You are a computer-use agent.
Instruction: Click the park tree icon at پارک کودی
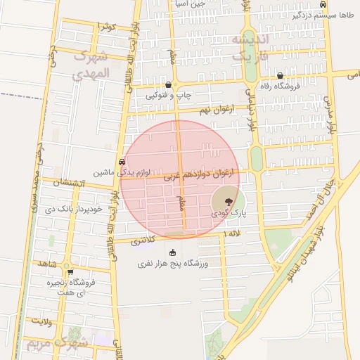(x=226, y=201)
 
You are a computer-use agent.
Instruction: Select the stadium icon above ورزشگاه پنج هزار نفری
(x=174, y=252)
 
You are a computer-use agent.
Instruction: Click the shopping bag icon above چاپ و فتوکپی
(x=168, y=84)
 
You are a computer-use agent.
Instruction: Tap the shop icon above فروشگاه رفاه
(x=280, y=75)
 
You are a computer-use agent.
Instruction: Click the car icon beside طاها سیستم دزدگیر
(x=322, y=4)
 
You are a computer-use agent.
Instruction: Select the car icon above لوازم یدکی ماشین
(x=123, y=160)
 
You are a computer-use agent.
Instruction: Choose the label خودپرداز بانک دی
(x=74, y=209)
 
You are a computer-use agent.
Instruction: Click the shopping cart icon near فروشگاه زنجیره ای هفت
(x=70, y=271)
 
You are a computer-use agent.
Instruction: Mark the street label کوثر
(x=106, y=27)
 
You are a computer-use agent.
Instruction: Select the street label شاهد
(x=48, y=263)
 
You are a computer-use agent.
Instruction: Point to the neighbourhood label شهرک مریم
(x=58, y=344)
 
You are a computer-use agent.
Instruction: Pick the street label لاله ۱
(x=231, y=233)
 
